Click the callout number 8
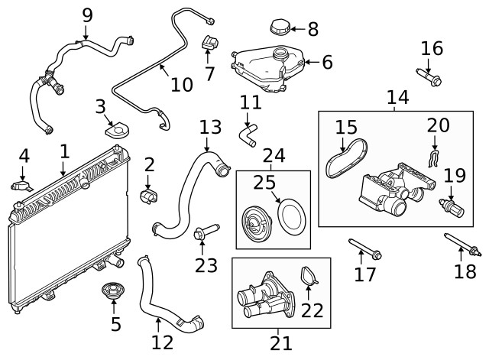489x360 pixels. coord(313,29)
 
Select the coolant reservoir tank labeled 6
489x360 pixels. coord(268,69)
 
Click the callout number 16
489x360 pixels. coord(432,49)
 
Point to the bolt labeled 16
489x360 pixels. coord(429,77)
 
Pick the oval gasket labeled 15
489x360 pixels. coord(346,158)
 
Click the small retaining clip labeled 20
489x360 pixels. coord(432,158)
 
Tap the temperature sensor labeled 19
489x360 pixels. coord(452,207)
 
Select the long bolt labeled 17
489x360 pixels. coord(365,248)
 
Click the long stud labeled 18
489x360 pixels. coord(461,245)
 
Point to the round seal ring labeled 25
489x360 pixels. coord(292,217)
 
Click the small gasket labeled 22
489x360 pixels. coord(309,276)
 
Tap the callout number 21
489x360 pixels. coord(281,343)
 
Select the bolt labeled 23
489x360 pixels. coord(206,232)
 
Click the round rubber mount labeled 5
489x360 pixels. coord(114,290)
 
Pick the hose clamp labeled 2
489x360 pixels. coord(148,196)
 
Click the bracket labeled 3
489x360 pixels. coord(117,130)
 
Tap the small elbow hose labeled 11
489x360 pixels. coord(248,135)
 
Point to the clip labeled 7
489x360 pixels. coord(210,43)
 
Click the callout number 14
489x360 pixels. coord(397,97)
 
